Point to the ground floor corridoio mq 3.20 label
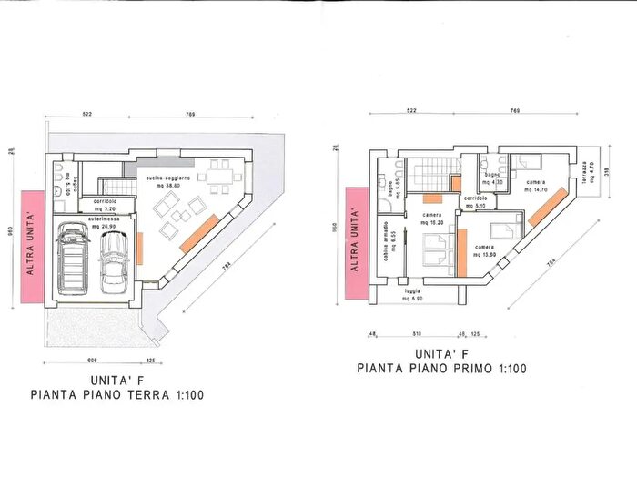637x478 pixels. (105, 204)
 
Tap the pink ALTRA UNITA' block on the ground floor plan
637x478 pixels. (29, 247)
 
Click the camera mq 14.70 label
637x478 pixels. (538, 188)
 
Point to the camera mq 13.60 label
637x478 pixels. (483, 250)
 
